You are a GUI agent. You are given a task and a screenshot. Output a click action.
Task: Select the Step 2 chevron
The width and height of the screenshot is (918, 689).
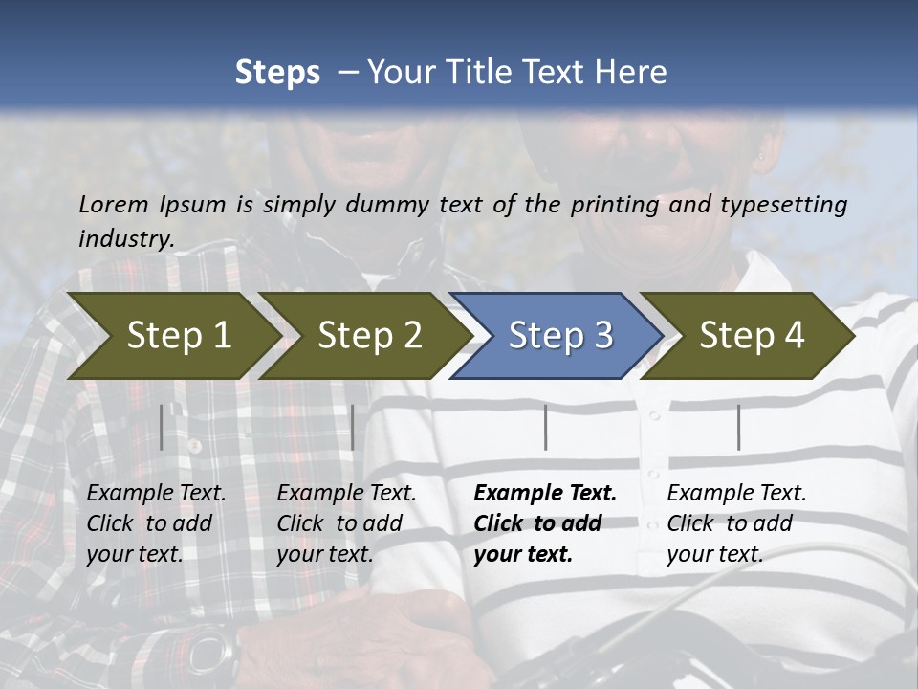(x=368, y=335)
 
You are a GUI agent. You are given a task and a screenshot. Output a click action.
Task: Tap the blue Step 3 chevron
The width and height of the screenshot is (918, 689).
(x=559, y=335)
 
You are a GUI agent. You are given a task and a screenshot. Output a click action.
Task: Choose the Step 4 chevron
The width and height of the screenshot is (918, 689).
(x=751, y=335)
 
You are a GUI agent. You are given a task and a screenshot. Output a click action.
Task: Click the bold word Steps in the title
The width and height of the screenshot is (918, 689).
(x=277, y=72)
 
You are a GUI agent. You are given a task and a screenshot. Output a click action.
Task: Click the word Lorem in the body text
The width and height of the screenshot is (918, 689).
(x=114, y=204)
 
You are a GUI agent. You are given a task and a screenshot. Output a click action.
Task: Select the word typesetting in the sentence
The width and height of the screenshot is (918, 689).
(x=789, y=204)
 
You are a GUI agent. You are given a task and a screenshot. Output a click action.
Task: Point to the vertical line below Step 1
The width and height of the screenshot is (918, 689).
(x=162, y=427)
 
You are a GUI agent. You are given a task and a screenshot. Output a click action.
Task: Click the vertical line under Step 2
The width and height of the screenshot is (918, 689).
(x=353, y=427)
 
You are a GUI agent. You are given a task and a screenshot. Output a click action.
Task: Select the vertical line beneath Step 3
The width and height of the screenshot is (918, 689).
(x=545, y=427)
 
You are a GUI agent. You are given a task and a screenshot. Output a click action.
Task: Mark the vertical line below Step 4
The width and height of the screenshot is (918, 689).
(x=738, y=427)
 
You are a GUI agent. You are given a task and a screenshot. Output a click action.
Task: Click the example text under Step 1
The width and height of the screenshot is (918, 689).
(x=156, y=523)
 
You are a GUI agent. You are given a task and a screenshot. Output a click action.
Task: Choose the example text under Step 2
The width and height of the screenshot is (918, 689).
(x=346, y=523)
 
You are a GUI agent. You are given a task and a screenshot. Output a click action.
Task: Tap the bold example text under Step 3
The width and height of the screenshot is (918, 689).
(x=544, y=523)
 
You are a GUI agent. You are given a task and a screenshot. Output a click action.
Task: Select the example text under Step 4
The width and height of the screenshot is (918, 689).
(x=735, y=523)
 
